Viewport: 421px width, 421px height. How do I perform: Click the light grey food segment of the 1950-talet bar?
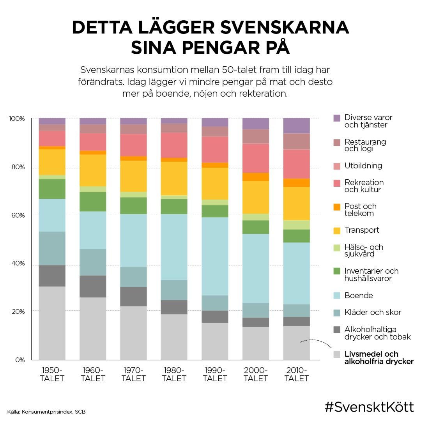[x=52, y=323]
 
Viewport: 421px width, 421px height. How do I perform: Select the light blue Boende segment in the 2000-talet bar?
[x=256, y=268]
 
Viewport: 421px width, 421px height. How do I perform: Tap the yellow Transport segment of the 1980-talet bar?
[x=174, y=178]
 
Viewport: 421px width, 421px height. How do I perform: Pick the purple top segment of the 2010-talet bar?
[x=296, y=126]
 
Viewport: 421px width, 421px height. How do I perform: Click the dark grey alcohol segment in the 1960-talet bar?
[x=93, y=287]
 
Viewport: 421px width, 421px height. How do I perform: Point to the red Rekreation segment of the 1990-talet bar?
[x=215, y=150]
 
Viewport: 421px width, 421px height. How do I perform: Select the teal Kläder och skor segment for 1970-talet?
[x=134, y=277]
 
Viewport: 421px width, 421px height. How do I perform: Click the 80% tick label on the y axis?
[x=17, y=167]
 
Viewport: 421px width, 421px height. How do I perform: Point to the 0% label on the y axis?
[x=20, y=359]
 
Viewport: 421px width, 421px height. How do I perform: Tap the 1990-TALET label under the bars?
[x=215, y=374]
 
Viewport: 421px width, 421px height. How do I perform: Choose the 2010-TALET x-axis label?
[x=296, y=374]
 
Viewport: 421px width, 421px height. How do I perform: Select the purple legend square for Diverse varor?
[x=337, y=118]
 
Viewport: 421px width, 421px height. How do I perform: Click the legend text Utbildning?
[x=363, y=166]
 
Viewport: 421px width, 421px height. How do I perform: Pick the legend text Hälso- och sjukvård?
[x=364, y=250]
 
